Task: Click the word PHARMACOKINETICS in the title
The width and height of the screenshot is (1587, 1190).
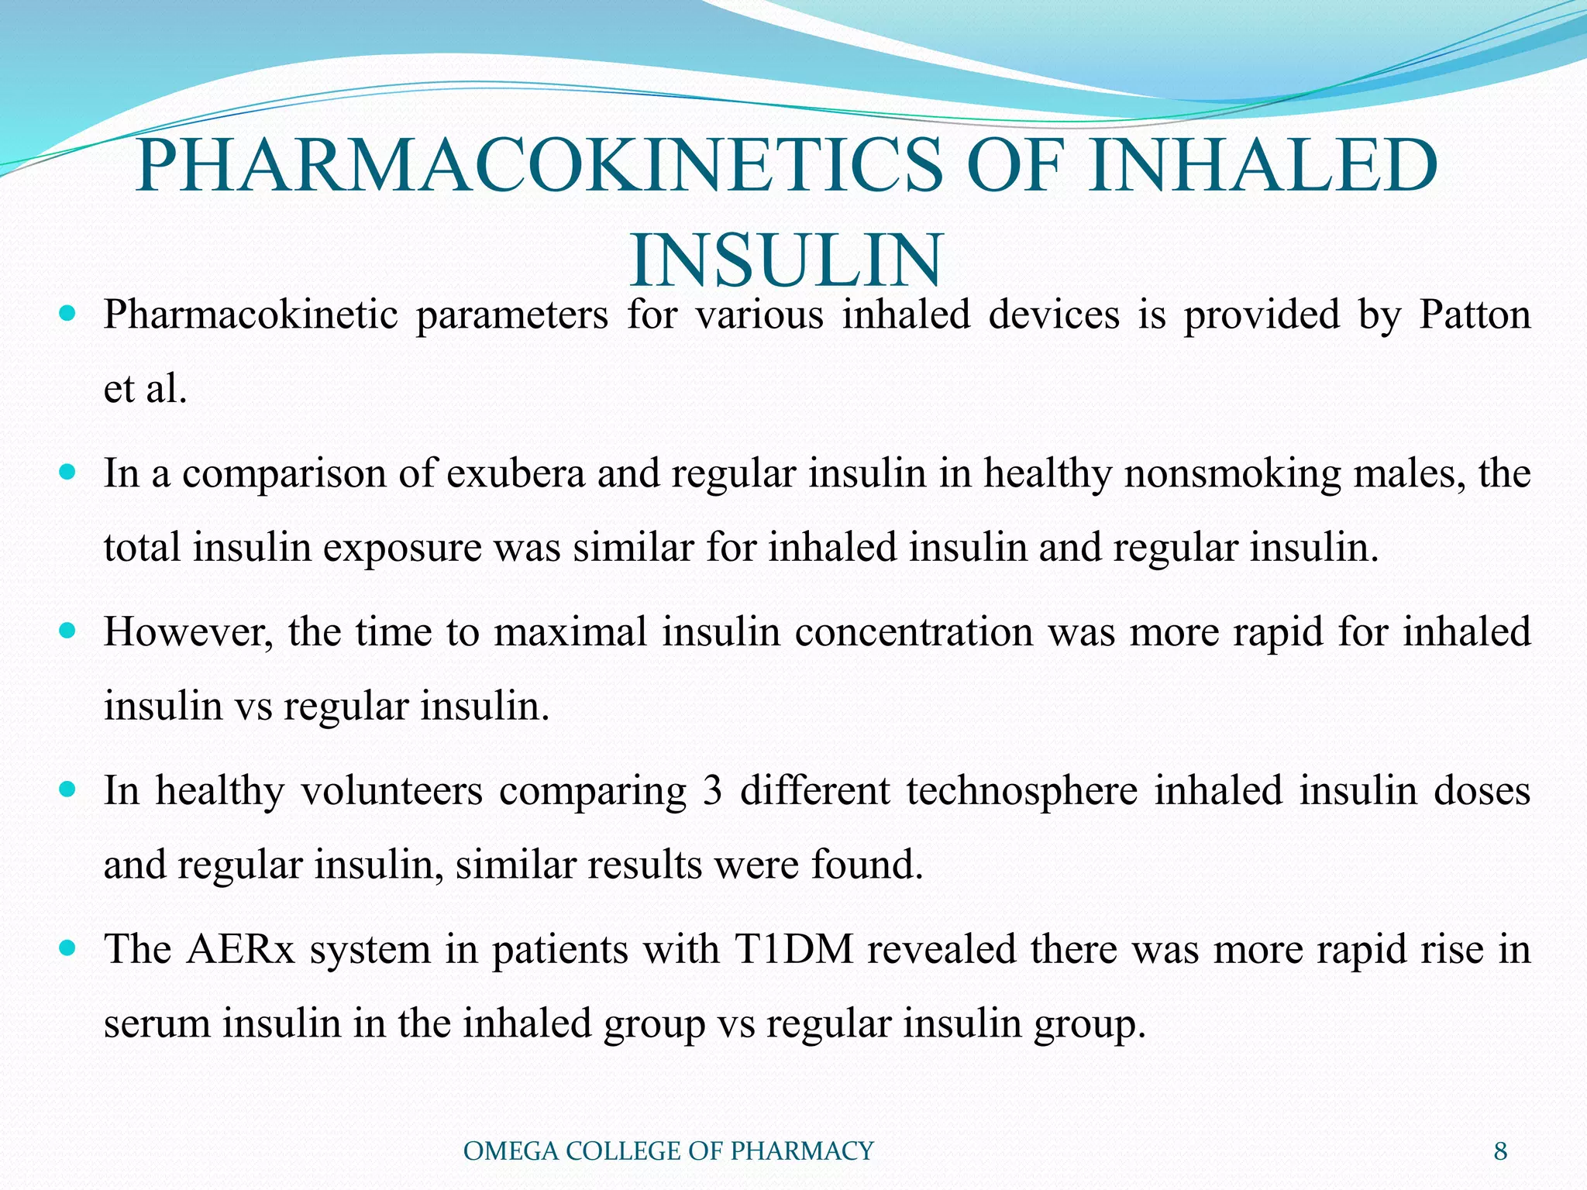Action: click(x=539, y=165)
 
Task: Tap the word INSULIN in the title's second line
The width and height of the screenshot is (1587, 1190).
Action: click(x=787, y=260)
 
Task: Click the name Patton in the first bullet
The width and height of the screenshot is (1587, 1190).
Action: click(x=1475, y=315)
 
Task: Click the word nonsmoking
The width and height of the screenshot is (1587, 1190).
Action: click(x=1232, y=473)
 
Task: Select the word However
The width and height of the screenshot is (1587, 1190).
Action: click(x=188, y=631)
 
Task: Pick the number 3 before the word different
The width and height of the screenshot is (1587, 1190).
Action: click(x=712, y=790)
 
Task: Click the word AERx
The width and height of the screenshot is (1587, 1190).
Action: click(x=240, y=949)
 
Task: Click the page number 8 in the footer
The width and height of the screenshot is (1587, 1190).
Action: click(x=1500, y=1151)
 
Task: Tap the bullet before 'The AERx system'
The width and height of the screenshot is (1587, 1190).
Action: click(x=67, y=948)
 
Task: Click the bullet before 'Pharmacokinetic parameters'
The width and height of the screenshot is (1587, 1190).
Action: click(x=67, y=314)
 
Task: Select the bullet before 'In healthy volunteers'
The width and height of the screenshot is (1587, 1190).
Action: click(x=67, y=789)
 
